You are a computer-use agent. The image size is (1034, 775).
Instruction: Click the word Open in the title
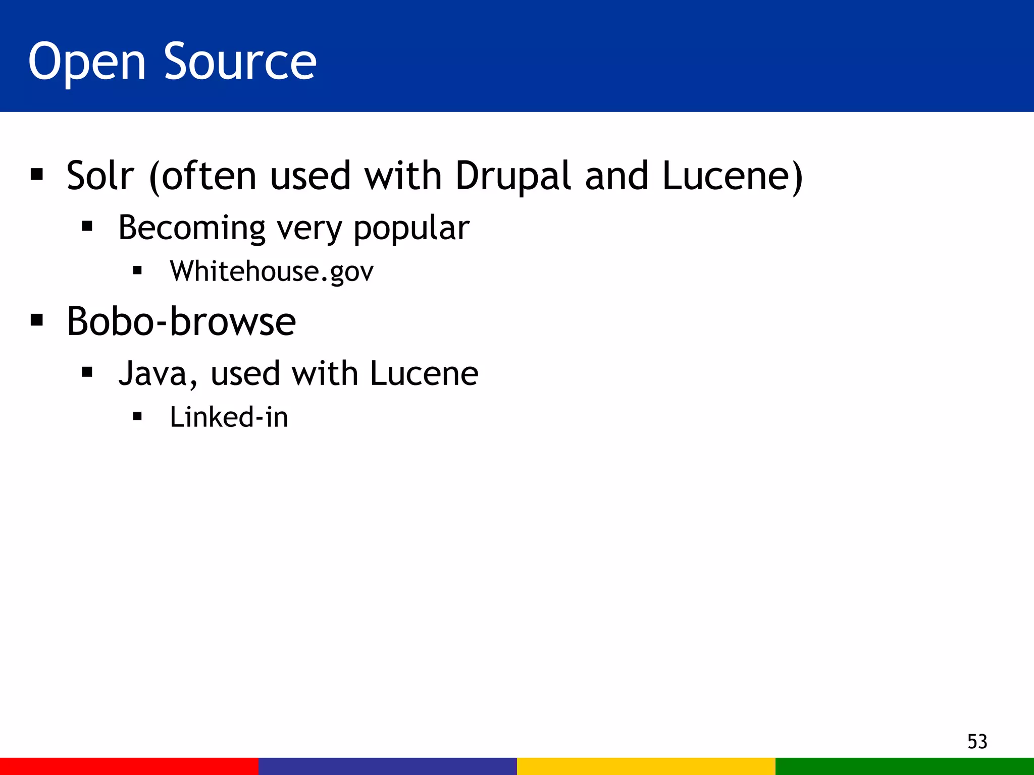87,62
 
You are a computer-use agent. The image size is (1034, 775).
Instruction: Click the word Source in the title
240,62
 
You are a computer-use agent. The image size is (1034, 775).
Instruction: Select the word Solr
100,176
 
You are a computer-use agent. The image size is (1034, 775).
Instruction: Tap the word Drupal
513,177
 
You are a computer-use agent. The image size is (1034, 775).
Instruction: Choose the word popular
411,228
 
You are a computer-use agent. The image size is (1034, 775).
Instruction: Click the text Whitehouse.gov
272,271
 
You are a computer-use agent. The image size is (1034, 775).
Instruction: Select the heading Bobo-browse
181,321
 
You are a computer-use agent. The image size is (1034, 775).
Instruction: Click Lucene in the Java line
424,374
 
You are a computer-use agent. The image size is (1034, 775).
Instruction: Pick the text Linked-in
229,417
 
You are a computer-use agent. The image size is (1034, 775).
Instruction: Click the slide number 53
977,741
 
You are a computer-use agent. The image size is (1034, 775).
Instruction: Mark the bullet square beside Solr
37,175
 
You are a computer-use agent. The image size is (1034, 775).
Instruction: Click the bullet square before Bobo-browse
37,320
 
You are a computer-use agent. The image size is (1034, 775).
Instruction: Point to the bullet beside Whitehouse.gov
137,271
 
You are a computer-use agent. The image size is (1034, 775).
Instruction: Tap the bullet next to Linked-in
137,417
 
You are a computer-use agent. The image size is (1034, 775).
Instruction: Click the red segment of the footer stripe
129,766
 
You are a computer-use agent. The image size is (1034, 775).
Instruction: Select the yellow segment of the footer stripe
646,766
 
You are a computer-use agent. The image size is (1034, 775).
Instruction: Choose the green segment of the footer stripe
905,766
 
